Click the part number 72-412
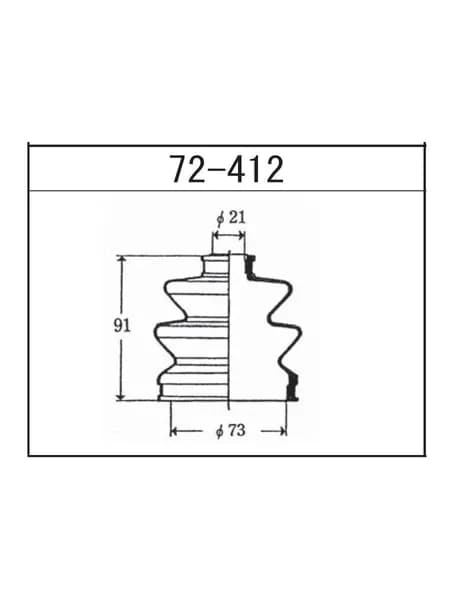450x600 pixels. (227, 169)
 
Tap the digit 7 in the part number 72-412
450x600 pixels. (180, 169)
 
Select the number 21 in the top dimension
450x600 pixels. (237, 218)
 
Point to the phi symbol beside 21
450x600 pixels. (220, 219)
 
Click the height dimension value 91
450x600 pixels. (122, 326)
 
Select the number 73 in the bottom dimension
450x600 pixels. (237, 431)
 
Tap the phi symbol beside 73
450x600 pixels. (220, 432)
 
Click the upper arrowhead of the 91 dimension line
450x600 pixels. (122, 261)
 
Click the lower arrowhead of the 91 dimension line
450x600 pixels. (122, 395)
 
